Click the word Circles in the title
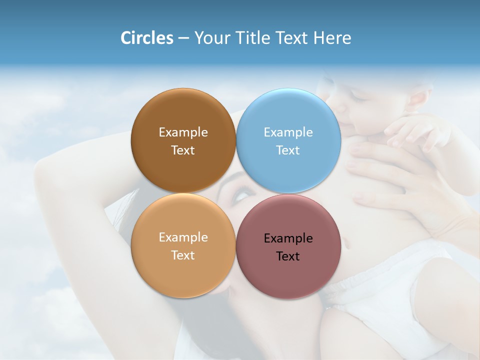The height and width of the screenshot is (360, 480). [x=147, y=38]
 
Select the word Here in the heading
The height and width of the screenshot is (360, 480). [x=332, y=38]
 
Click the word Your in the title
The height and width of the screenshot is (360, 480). [x=212, y=38]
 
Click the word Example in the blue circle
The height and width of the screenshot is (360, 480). [x=288, y=132]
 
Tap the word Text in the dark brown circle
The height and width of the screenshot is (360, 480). [x=183, y=150]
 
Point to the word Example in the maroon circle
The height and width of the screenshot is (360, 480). [x=288, y=238]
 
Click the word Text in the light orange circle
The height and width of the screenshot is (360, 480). [x=183, y=255]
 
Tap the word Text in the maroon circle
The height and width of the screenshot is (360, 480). [x=288, y=256]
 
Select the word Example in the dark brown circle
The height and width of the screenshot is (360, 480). [x=183, y=132]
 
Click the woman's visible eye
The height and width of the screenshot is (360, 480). [x=240, y=192]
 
